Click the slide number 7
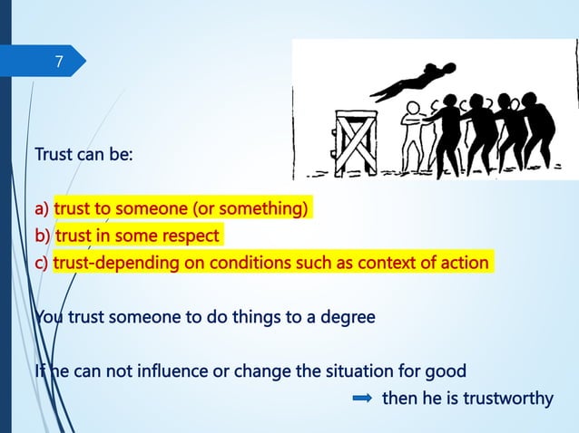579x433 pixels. [59, 63]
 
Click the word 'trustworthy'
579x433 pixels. [508, 397]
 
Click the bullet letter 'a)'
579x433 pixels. [42, 210]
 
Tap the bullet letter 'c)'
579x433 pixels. [42, 264]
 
